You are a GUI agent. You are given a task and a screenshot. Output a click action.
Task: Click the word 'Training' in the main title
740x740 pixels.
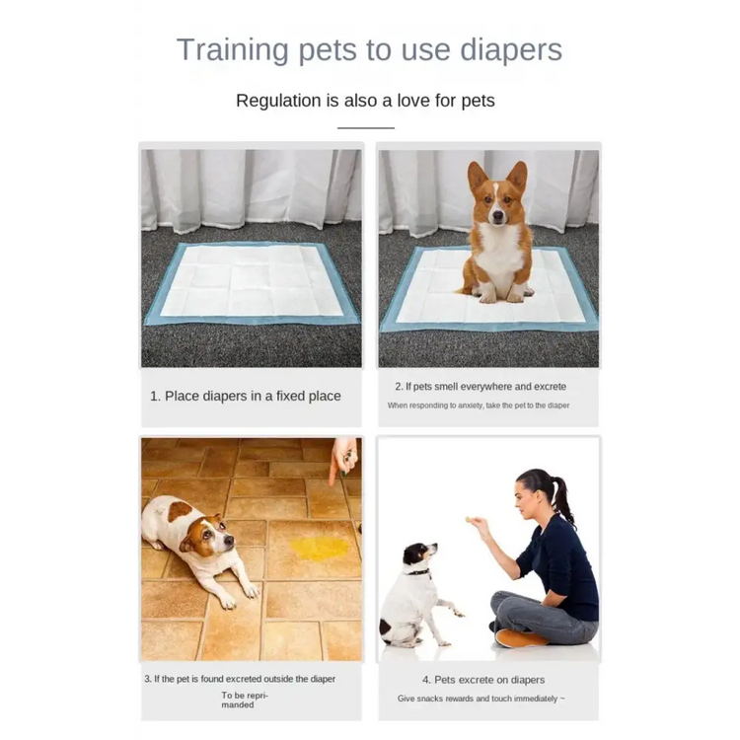coord(232,50)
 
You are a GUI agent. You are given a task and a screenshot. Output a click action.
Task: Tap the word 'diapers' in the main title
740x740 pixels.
coord(511,50)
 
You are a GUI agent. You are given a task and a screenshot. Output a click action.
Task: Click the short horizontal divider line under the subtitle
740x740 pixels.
coord(366,128)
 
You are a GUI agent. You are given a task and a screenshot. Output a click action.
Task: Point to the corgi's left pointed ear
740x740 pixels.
coord(477,176)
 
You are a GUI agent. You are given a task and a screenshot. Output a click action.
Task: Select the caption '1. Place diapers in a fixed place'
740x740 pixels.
coord(246,396)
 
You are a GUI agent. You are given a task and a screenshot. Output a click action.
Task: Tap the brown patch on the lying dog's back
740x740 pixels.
coord(180,511)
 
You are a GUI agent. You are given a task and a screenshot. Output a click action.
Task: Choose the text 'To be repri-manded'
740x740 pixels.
coord(245,700)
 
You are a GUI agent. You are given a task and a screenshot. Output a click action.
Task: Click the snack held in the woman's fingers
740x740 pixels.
coord(468,520)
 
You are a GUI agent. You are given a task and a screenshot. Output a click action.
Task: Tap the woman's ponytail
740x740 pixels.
coord(563,500)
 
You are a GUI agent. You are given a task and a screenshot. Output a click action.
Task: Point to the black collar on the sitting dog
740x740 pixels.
coord(418,572)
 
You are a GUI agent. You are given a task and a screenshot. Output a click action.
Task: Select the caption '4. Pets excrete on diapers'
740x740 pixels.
coord(483,680)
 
